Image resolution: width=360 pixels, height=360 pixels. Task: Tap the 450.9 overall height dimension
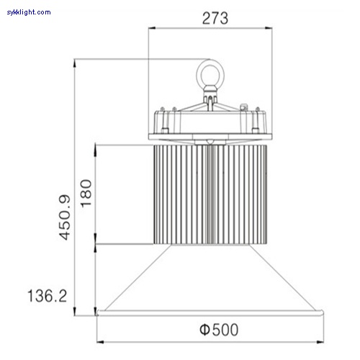pyautogui.click(x=64, y=216)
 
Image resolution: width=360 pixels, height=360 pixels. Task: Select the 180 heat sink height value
pyautogui.click(x=86, y=193)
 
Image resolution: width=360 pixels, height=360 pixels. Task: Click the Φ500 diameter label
pyautogui.click(x=218, y=330)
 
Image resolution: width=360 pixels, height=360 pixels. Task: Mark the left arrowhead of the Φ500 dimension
pyautogui.click(x=101, y=342)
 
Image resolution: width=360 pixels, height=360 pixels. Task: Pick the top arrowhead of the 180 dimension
pyautogui.click(x=95, y=147)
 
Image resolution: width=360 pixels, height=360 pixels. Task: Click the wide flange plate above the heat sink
pyautogui.click(x=212, y=137)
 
